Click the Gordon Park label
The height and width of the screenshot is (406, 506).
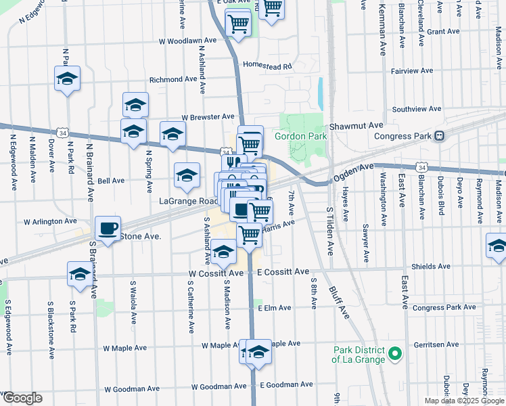point(300,136)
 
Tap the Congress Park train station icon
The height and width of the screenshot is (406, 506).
point(440,135)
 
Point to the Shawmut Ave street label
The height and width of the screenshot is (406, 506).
point(356,126)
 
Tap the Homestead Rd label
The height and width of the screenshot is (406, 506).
point(267,66)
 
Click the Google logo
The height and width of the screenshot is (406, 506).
point(22,398)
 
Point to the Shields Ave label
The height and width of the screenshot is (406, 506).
point(430,267)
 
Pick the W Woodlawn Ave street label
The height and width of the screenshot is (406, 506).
point(187,41)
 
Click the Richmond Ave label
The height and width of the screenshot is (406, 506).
point(172,79)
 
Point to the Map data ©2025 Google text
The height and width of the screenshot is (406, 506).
point(464,401)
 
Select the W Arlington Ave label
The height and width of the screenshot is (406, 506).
point(50,221)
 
